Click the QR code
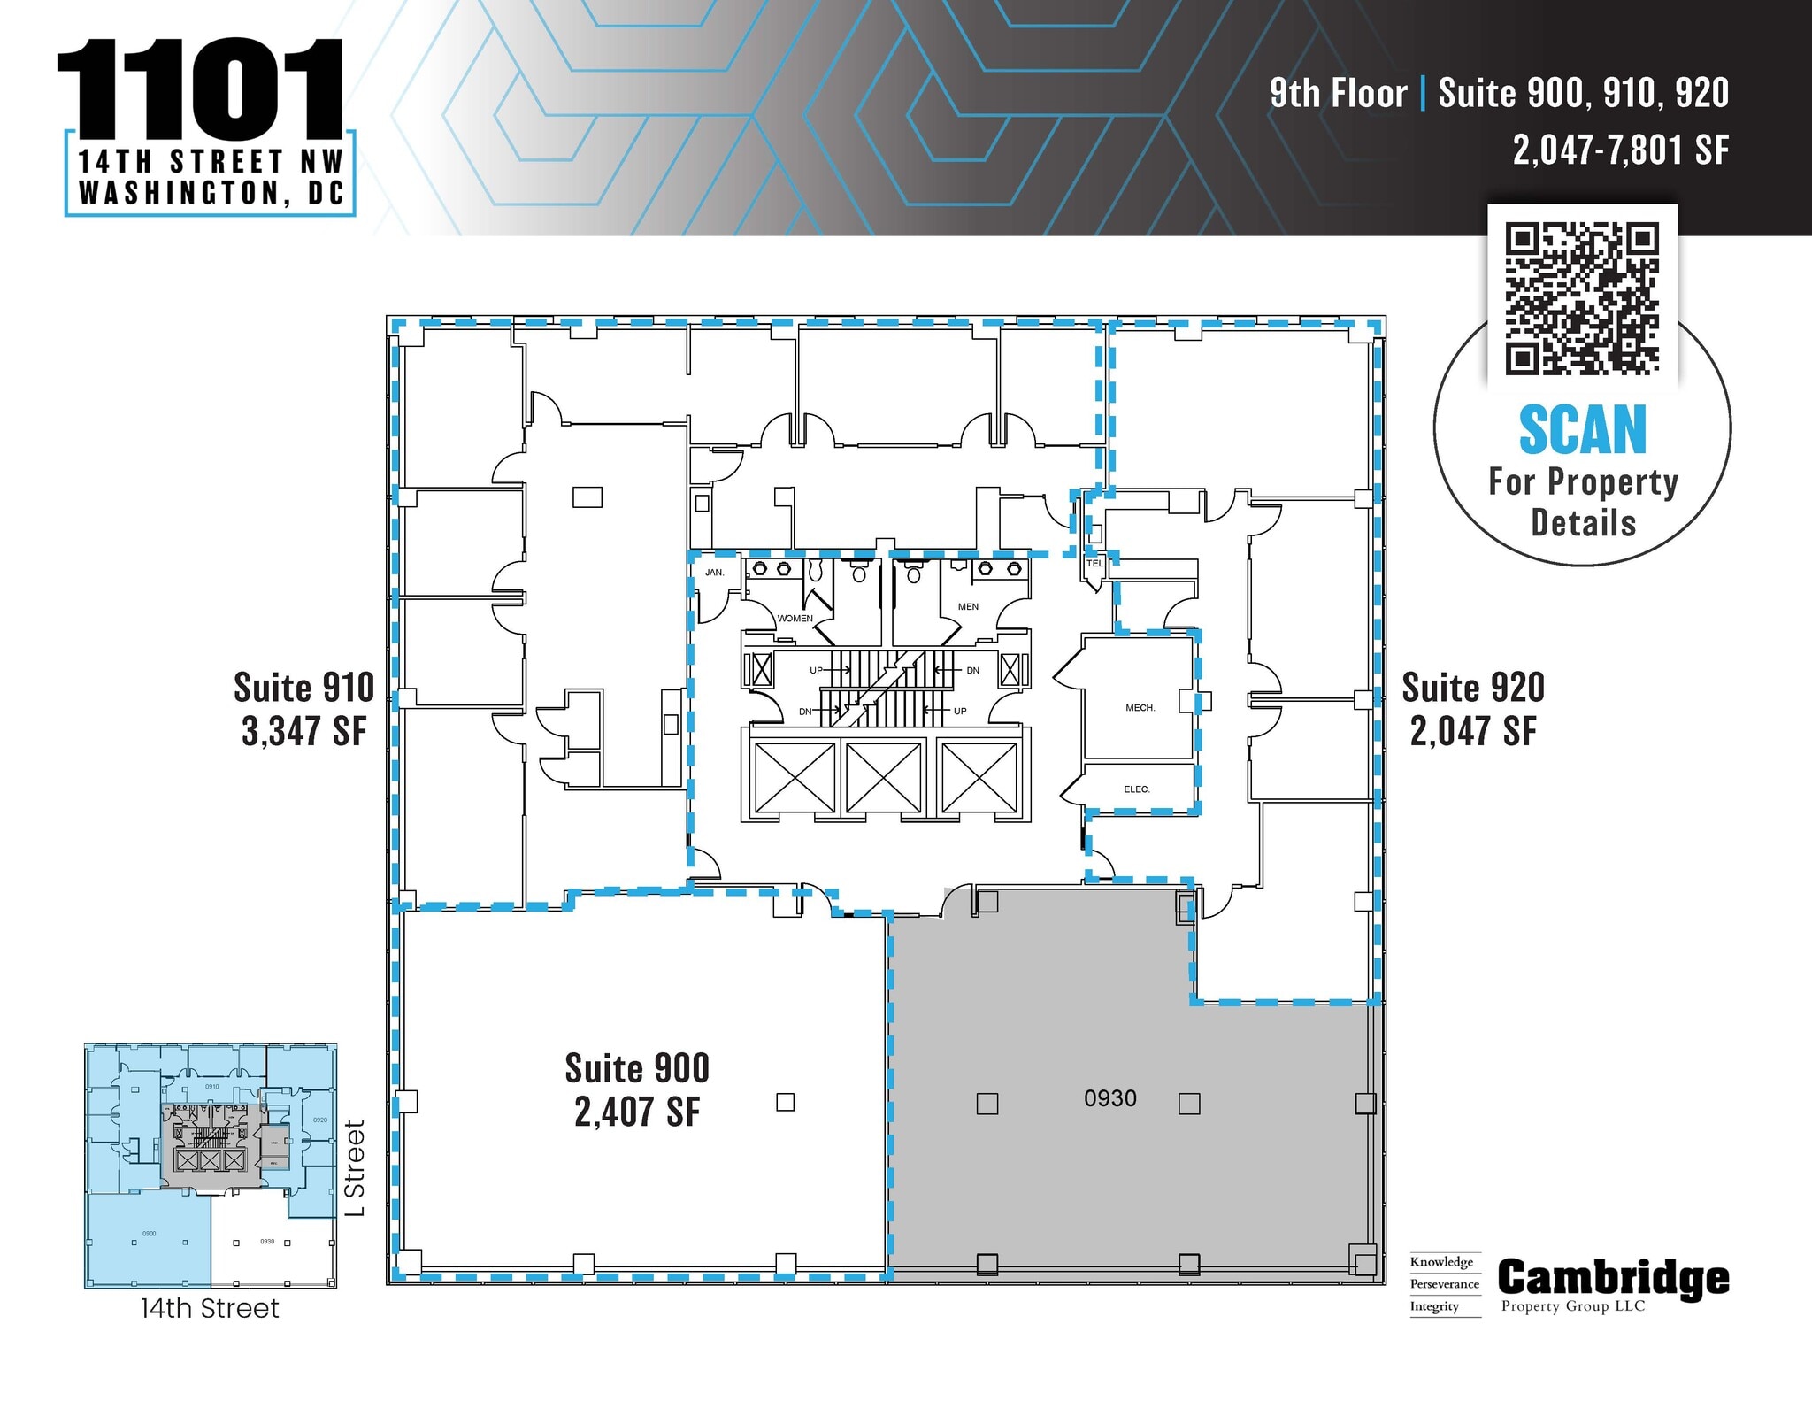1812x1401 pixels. (x=1582, y=299)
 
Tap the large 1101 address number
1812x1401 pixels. (x=200, y=88)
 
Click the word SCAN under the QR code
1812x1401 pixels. (x=1582, y=430)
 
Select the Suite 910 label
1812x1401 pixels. (x=303, y=688)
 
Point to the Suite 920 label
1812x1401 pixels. (x=1473, y=688)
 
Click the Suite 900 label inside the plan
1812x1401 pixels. (x=637, y=1069)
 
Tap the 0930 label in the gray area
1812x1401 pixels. (x=1109, y=1098)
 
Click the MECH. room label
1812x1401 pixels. (x=1140, y=708)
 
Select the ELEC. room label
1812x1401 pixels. (x=1137, y=789)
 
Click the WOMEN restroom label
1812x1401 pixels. (x=795, y=619)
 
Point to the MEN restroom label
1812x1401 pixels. (x=968, y=607)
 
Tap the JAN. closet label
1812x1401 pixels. (x=715, y=573)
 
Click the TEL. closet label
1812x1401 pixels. (x=1095, y=564)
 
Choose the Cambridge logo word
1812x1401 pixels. (x=1613, y=1278)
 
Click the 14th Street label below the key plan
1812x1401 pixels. (x=210, y=1308)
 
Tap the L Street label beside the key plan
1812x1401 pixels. (x=355, y=1168)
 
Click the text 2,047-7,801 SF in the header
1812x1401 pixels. (x=1620, y=150)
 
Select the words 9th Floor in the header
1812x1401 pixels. (x=1338, y=94)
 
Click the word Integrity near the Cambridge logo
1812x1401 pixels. (x=1434, y=1306)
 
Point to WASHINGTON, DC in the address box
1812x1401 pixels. (x=211, y=193)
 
